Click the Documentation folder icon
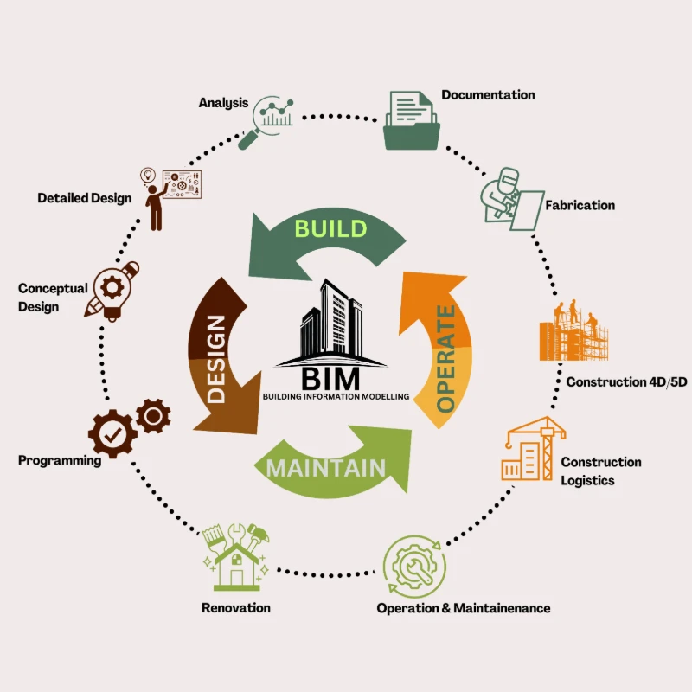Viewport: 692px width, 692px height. pos(413,120)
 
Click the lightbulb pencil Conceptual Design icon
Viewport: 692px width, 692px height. pos(112,290)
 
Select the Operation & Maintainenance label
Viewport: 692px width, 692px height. pos(463,608)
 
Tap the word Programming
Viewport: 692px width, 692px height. pos(60,460)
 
